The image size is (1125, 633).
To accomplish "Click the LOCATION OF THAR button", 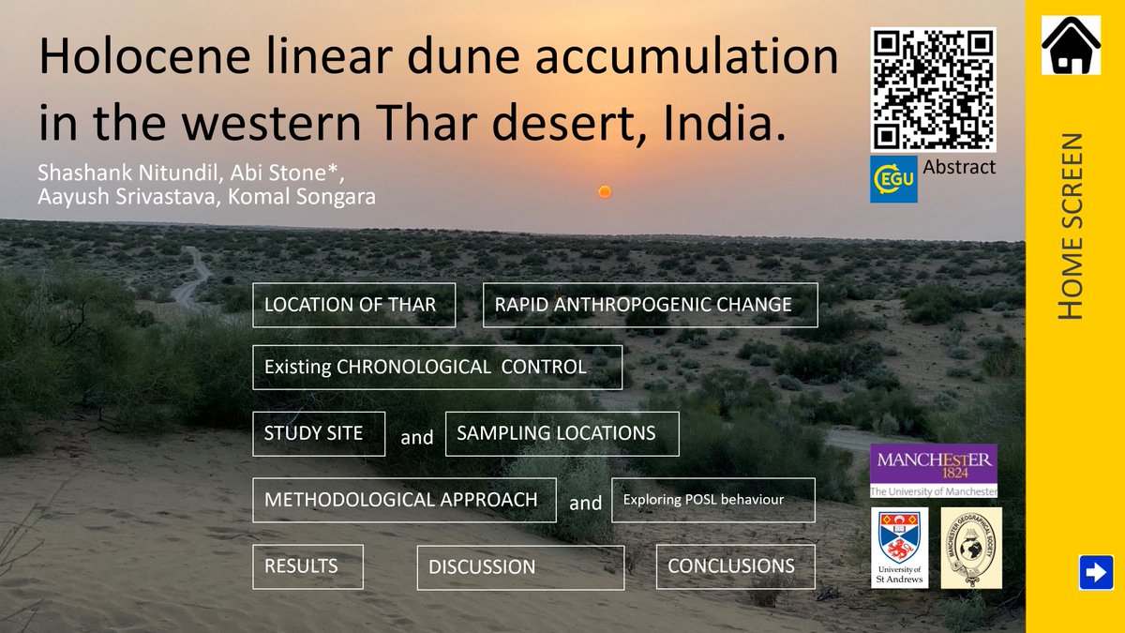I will [353, 305].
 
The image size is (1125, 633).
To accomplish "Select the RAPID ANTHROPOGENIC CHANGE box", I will [650, 305].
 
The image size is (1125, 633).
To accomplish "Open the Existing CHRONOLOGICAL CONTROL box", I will [437, 367].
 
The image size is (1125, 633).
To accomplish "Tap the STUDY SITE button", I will [319, 434].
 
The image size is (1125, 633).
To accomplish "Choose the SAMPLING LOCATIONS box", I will [562, 433].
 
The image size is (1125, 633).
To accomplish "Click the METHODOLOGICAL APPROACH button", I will [404, 500].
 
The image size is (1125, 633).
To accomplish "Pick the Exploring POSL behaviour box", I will [712, 500].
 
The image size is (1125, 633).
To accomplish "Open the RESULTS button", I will [307, 566].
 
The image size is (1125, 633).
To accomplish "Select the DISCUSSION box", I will [520, 567].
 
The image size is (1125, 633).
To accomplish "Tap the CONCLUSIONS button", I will [735, 566].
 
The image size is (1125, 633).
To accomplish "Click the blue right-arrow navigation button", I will [1095, 572].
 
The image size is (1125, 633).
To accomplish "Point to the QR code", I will [933, 89].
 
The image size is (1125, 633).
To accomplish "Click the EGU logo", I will [893, 179].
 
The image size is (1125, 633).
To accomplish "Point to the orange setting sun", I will [605, 191].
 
